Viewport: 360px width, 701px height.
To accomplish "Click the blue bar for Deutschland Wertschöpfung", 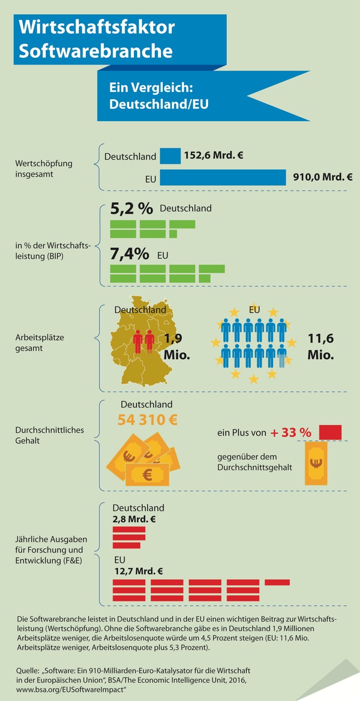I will tap(170, 156).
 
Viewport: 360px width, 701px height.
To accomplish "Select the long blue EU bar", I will tap(223, 177).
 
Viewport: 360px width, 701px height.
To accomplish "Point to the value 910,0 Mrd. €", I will tap(322, 177).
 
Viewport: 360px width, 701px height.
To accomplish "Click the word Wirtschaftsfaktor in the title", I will tap(97, 27).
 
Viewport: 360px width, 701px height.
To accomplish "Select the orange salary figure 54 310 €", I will tap(147, 419).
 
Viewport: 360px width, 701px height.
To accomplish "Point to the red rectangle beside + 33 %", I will tap(330, 432).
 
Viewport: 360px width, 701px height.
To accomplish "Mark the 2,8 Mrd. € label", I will tap(134, 520).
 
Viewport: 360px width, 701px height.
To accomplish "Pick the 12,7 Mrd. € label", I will tap(138, 571).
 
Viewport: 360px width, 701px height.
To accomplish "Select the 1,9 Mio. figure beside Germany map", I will tap(176, 346).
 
